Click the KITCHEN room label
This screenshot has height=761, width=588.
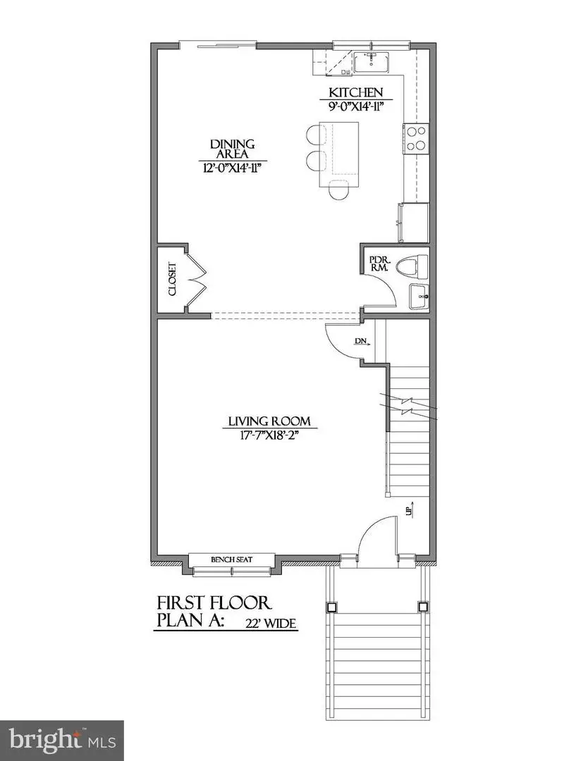pos(356,92)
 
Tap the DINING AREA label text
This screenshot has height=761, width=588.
pos(232,149)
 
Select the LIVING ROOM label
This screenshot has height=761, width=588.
pos(269,423)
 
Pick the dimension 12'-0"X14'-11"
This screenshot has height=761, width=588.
pos(232,167)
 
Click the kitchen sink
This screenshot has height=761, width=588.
pos(372,62)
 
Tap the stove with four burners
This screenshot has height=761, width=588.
pos(416,137)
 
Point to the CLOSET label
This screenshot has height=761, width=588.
pos(171,279)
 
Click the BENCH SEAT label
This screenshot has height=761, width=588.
pos(232,560)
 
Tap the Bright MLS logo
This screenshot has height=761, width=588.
pos(61,740)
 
